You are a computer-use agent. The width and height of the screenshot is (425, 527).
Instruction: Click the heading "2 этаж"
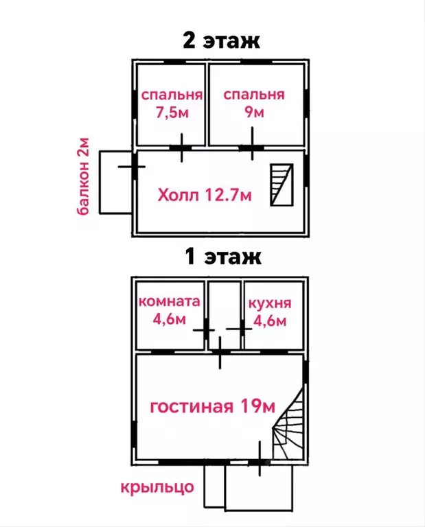tap(221, 40)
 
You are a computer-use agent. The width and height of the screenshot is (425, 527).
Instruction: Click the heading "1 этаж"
tap(223, 257)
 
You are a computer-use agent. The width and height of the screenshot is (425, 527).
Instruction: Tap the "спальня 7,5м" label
tap(172, 104)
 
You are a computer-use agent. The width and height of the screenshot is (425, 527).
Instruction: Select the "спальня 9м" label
tap(254, 103)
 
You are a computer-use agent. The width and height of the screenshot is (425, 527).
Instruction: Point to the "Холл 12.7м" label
tap(205, 195)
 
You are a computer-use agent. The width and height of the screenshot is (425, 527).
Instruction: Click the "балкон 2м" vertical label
tap(82, 176)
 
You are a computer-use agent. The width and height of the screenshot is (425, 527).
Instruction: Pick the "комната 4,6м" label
tap(169, 310)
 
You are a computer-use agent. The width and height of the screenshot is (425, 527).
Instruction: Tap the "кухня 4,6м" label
tap(270, 312)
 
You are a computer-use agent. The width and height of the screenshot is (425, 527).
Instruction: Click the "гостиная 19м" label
tap(213, 406)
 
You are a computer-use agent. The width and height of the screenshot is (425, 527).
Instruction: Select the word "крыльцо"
tap(157, 487)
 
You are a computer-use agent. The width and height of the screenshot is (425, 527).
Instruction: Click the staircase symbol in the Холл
tap(282, 185)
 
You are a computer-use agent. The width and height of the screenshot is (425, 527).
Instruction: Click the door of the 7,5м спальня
tap(181, 148)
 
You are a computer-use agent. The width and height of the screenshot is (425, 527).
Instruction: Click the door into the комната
tap(205, 330)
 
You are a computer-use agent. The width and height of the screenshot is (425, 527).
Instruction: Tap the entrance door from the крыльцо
tap(260, 463)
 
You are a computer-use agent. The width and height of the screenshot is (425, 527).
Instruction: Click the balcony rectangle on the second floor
tap(115, 182)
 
